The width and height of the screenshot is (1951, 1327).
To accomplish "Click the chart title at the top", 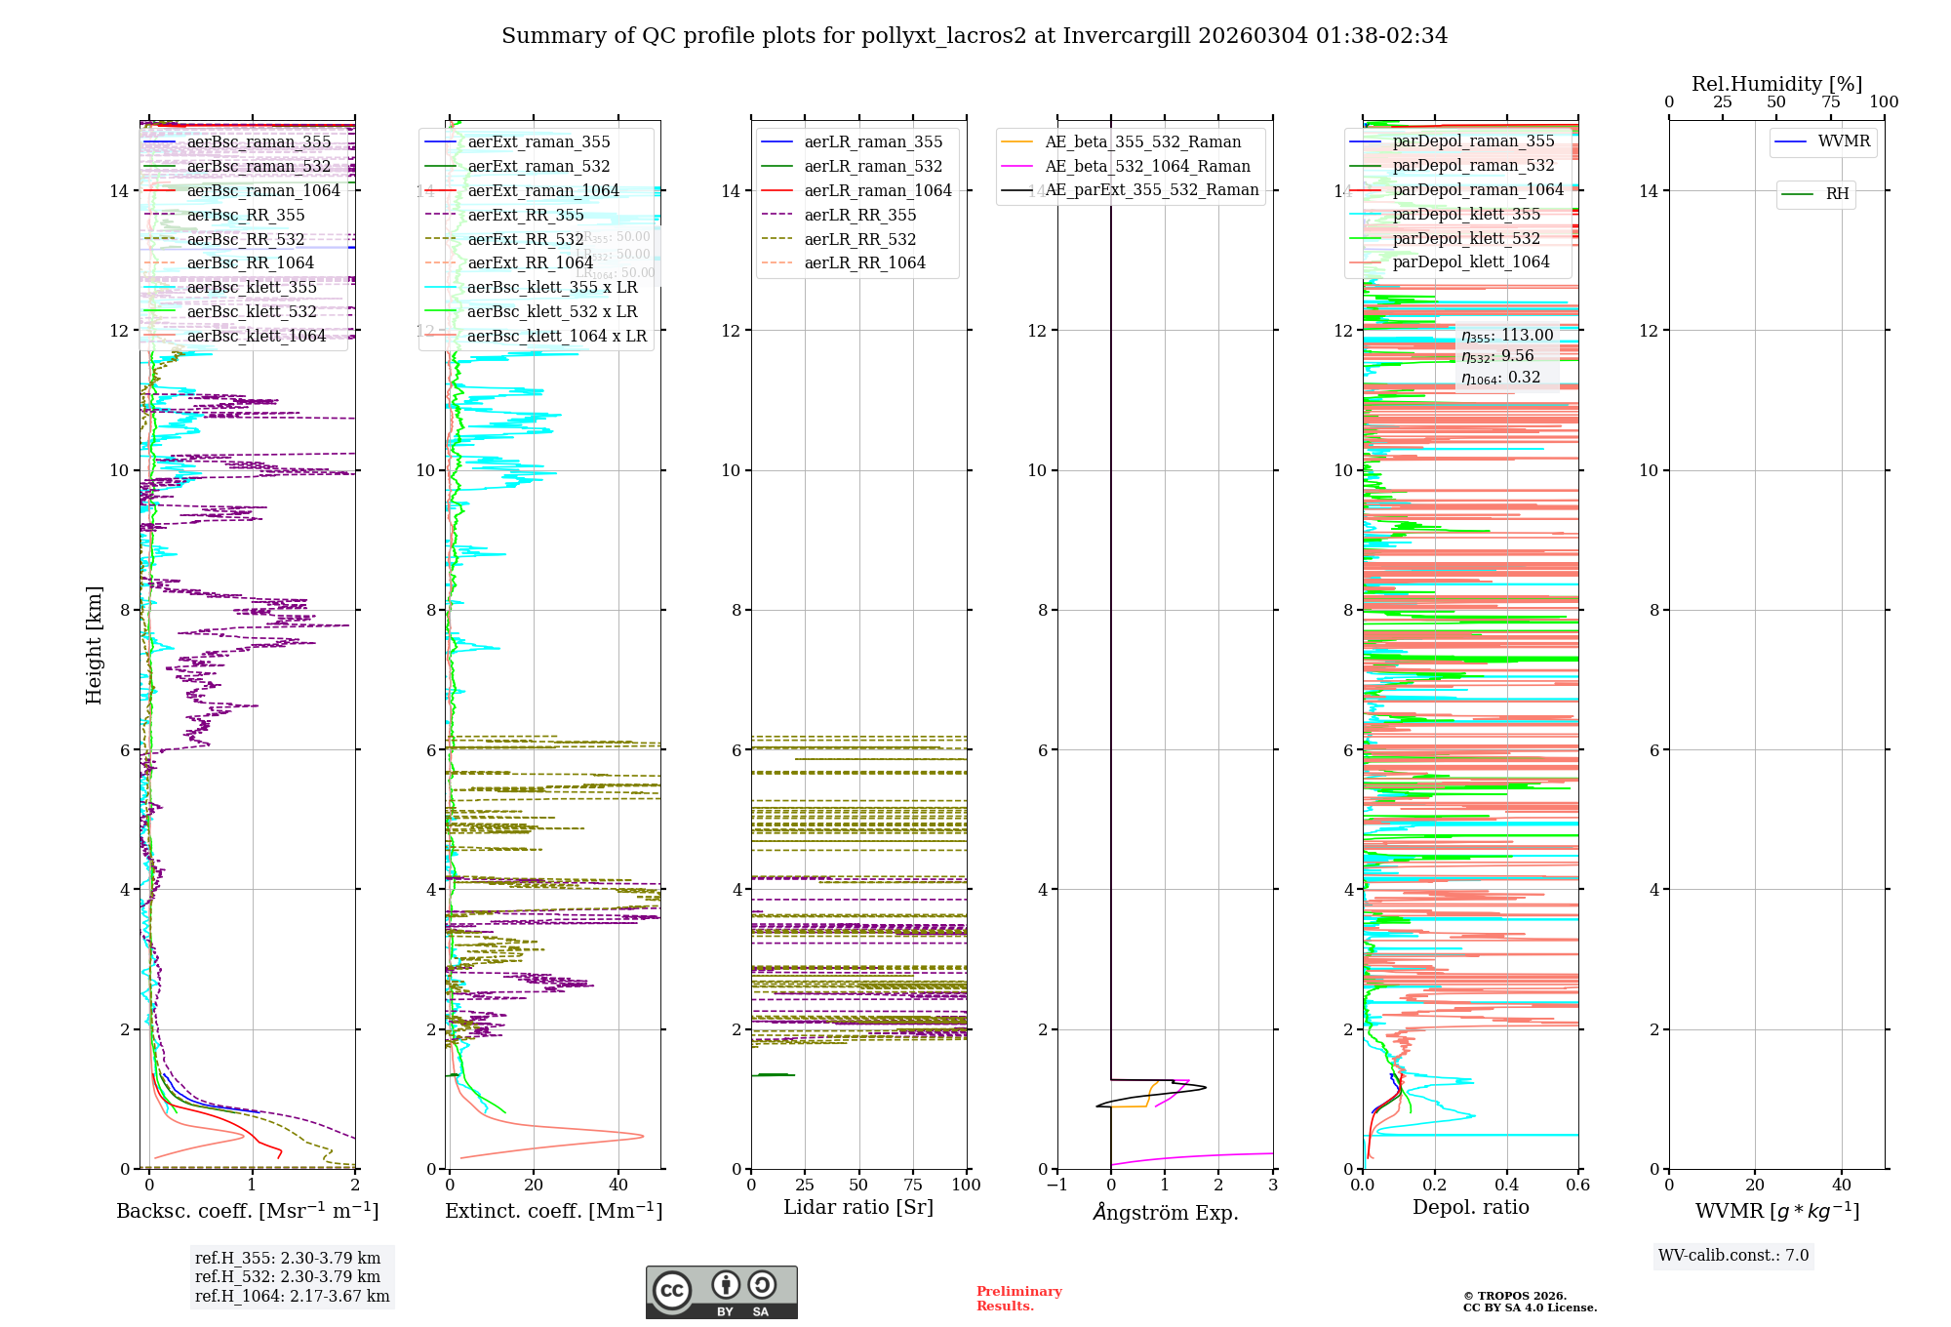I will (x=975, y=36).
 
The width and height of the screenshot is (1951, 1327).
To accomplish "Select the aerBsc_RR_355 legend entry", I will (x=245, y=215).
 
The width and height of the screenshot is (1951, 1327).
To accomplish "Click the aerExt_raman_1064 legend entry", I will (x=542, y=190).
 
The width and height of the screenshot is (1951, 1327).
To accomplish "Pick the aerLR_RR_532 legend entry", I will (x=859, y=239).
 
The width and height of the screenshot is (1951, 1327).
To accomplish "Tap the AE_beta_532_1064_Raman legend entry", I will (x=1146, y=166).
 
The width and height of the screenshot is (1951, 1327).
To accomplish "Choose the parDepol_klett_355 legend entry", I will (x=1465, y=214).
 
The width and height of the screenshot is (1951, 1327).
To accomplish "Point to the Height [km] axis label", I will (x=94, y=644).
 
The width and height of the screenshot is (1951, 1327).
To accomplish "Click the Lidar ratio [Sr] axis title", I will (x=858, y=1207).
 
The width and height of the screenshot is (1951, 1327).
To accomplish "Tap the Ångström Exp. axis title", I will (x=1165, y=1212).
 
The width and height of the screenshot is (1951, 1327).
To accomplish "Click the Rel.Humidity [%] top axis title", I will (x=1776, y=84).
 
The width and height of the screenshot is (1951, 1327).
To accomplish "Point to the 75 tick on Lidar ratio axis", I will (x=913, y=1185).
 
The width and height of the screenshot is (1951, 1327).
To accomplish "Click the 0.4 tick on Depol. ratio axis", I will (x=1506, y=1185).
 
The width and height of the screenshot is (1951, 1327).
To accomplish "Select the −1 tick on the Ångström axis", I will (x=1056, y=1185).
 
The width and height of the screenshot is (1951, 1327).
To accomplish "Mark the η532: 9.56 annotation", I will (x=1497, y=356).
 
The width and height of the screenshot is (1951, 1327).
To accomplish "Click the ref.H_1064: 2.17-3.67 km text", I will (x=292, y=1296).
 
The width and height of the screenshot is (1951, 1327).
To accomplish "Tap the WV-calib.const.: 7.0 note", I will (x=1733, y=1255).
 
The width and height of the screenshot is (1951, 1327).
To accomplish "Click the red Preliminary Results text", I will (x=1018, y=1298).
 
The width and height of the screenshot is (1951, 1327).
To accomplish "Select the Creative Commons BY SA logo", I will (x=721, y=1292).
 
